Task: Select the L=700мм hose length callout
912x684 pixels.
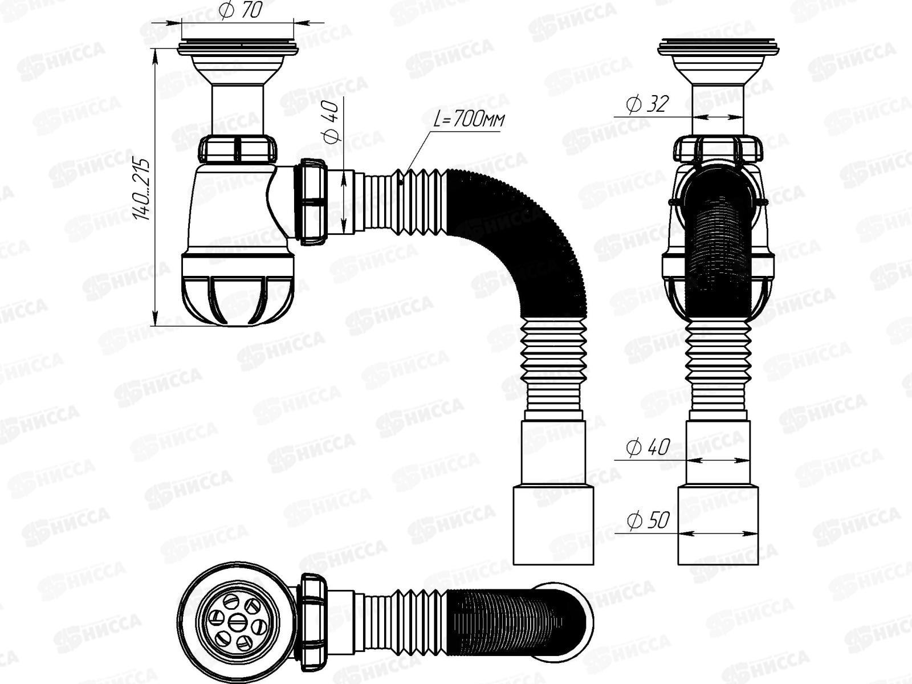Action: pos(469,119)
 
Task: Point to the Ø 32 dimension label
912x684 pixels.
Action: pos(648,104)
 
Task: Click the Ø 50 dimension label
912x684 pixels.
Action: pos(648,520)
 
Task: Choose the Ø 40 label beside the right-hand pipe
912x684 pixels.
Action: pos(648,447)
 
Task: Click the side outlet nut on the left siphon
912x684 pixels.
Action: pos(312,202)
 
